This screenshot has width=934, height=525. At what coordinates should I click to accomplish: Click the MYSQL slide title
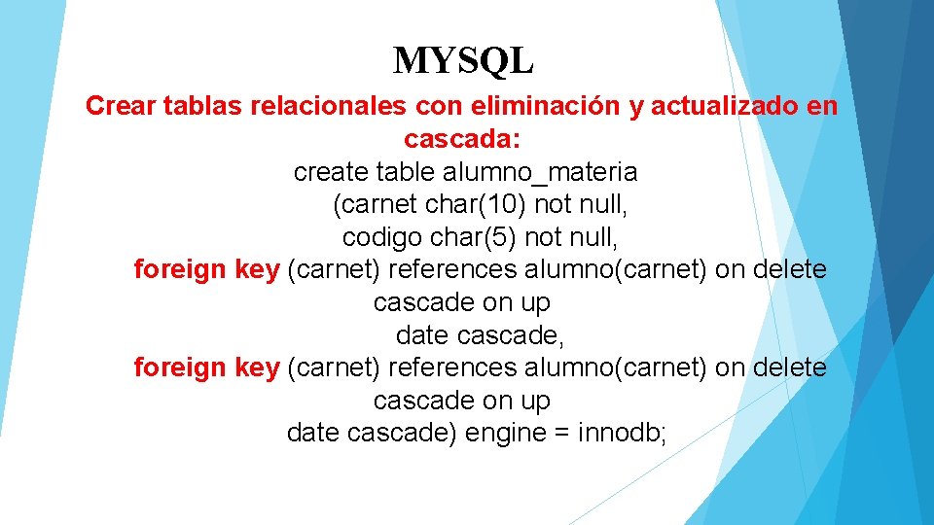[x=463, y=61]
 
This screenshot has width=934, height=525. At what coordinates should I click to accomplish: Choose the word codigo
[x=383, y=237]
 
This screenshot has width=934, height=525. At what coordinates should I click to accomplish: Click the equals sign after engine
[x=561, y=433]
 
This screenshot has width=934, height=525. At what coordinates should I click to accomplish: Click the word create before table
[x=331, y=172]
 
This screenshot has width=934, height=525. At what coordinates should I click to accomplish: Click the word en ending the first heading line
[x=822, y=106]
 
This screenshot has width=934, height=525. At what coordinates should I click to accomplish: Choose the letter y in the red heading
[x=636, y=106]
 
